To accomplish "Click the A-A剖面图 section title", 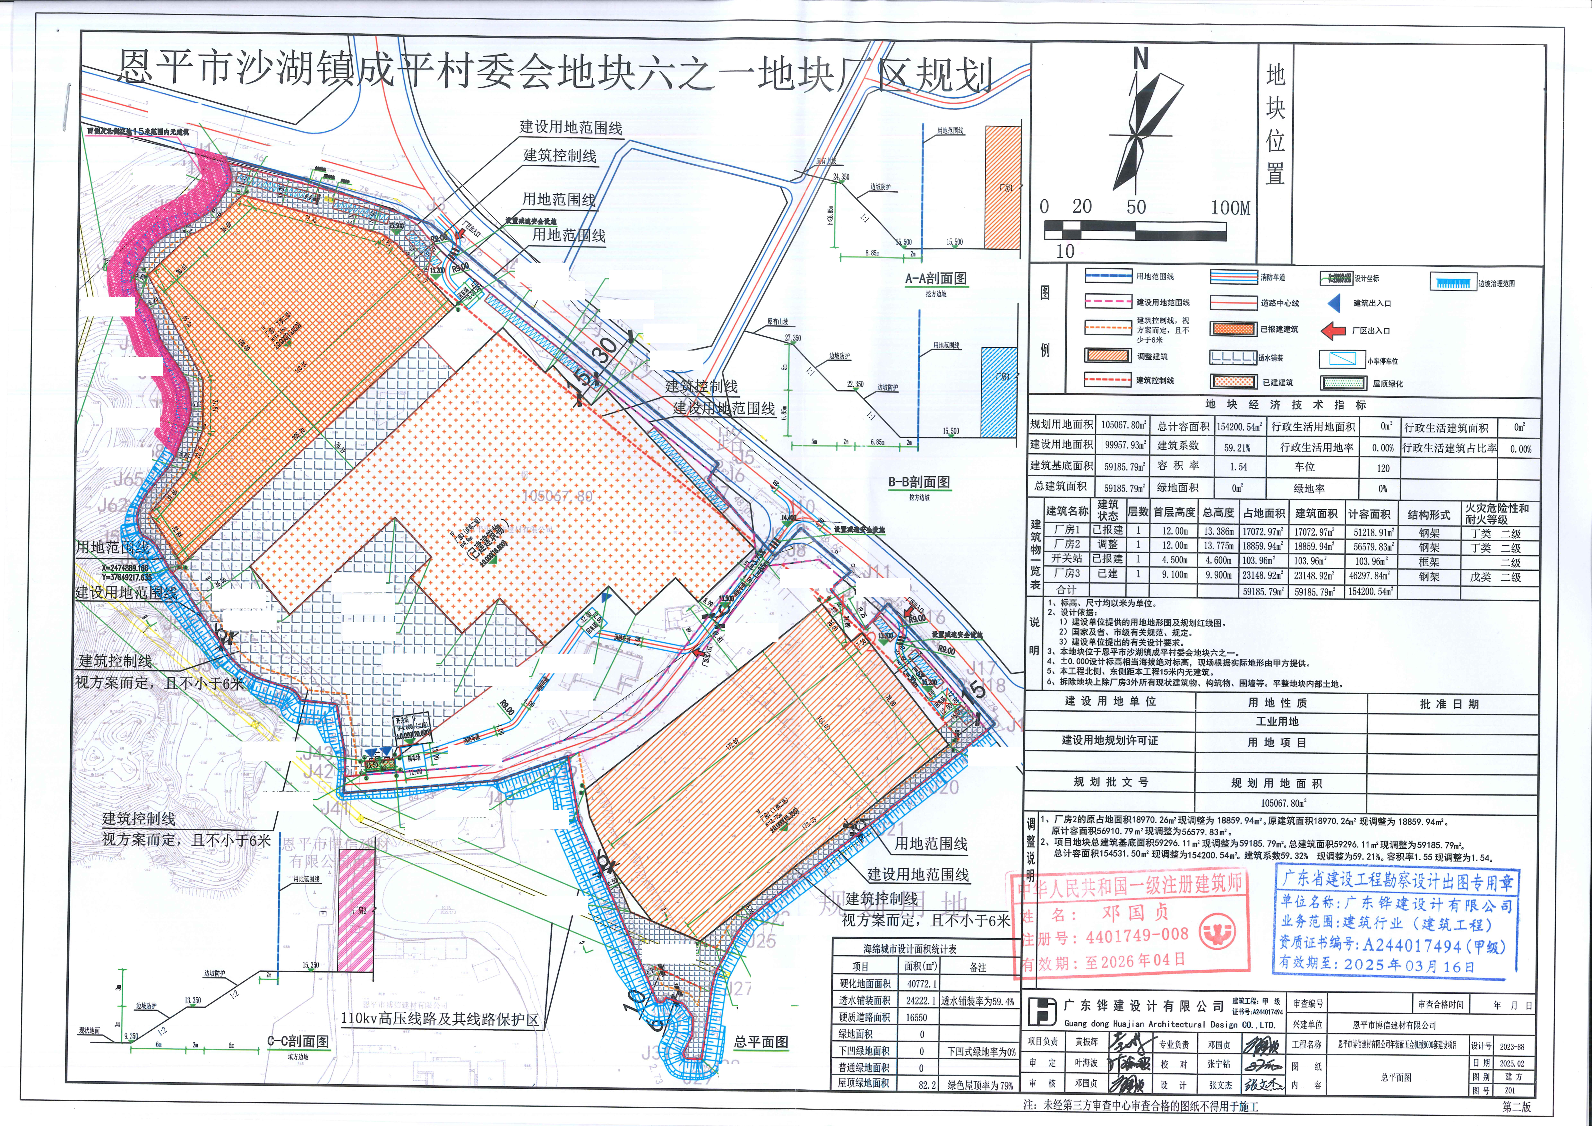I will (936, 278).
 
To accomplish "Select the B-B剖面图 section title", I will (919, 482).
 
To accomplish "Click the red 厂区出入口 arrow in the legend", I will (1333, 331).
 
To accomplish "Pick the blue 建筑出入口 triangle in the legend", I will (1333, 303).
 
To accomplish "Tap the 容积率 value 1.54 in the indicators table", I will (1239, 467).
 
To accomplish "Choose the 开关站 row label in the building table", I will (1066, 559).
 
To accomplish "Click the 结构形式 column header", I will (1428, 515).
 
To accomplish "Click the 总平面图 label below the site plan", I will (761, 1041).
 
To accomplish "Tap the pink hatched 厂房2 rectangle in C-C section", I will (356, 910).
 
